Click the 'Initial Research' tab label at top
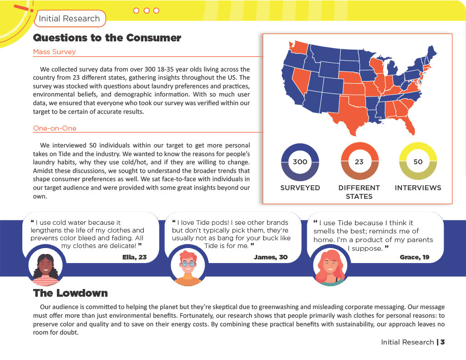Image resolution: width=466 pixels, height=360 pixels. point(69,19)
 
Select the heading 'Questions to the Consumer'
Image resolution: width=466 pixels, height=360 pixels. point(107,38)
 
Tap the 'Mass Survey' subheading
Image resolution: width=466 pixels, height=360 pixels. point(54,52)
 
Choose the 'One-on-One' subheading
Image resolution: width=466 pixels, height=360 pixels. point(55,128)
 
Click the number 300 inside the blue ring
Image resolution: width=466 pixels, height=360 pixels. point(300,162)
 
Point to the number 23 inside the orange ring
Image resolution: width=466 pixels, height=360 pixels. point(360,162)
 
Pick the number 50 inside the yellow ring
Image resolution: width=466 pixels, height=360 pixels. point(418,162)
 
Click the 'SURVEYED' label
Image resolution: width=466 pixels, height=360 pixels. point(300,188)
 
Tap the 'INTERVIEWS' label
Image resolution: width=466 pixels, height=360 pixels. point(418,188)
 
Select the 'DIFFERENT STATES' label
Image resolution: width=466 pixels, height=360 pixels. point(359,192)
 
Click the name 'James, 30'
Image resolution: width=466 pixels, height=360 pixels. point(270,257)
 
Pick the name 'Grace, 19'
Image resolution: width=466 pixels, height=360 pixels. point(414,257)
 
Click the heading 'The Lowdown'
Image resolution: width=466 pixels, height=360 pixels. point(71,293)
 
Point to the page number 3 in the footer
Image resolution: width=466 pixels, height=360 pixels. point(442,342)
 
